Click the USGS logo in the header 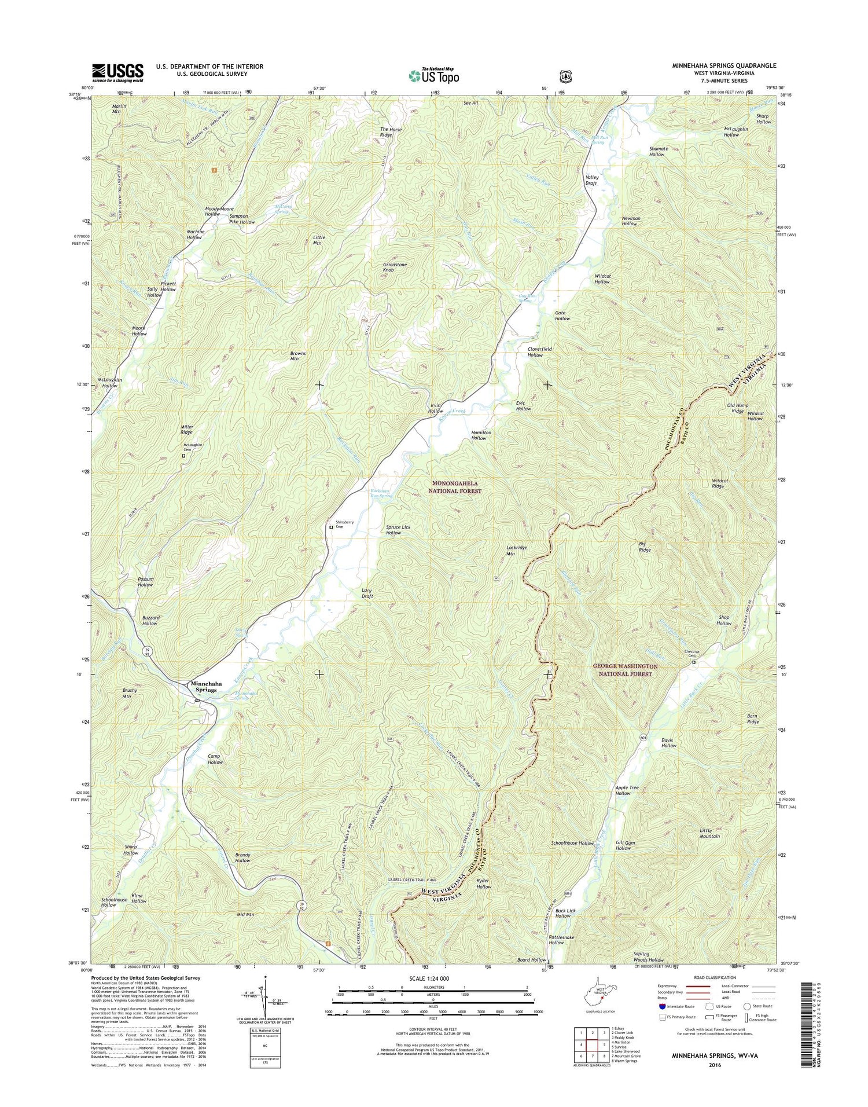pyautogui.click(x=117, y=72)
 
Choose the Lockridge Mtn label pyautogui.click(x=510, y=550)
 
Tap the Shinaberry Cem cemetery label pyautogui.click(x=345, y=525)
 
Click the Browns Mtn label pyautogui.click(x=298, y=355)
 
